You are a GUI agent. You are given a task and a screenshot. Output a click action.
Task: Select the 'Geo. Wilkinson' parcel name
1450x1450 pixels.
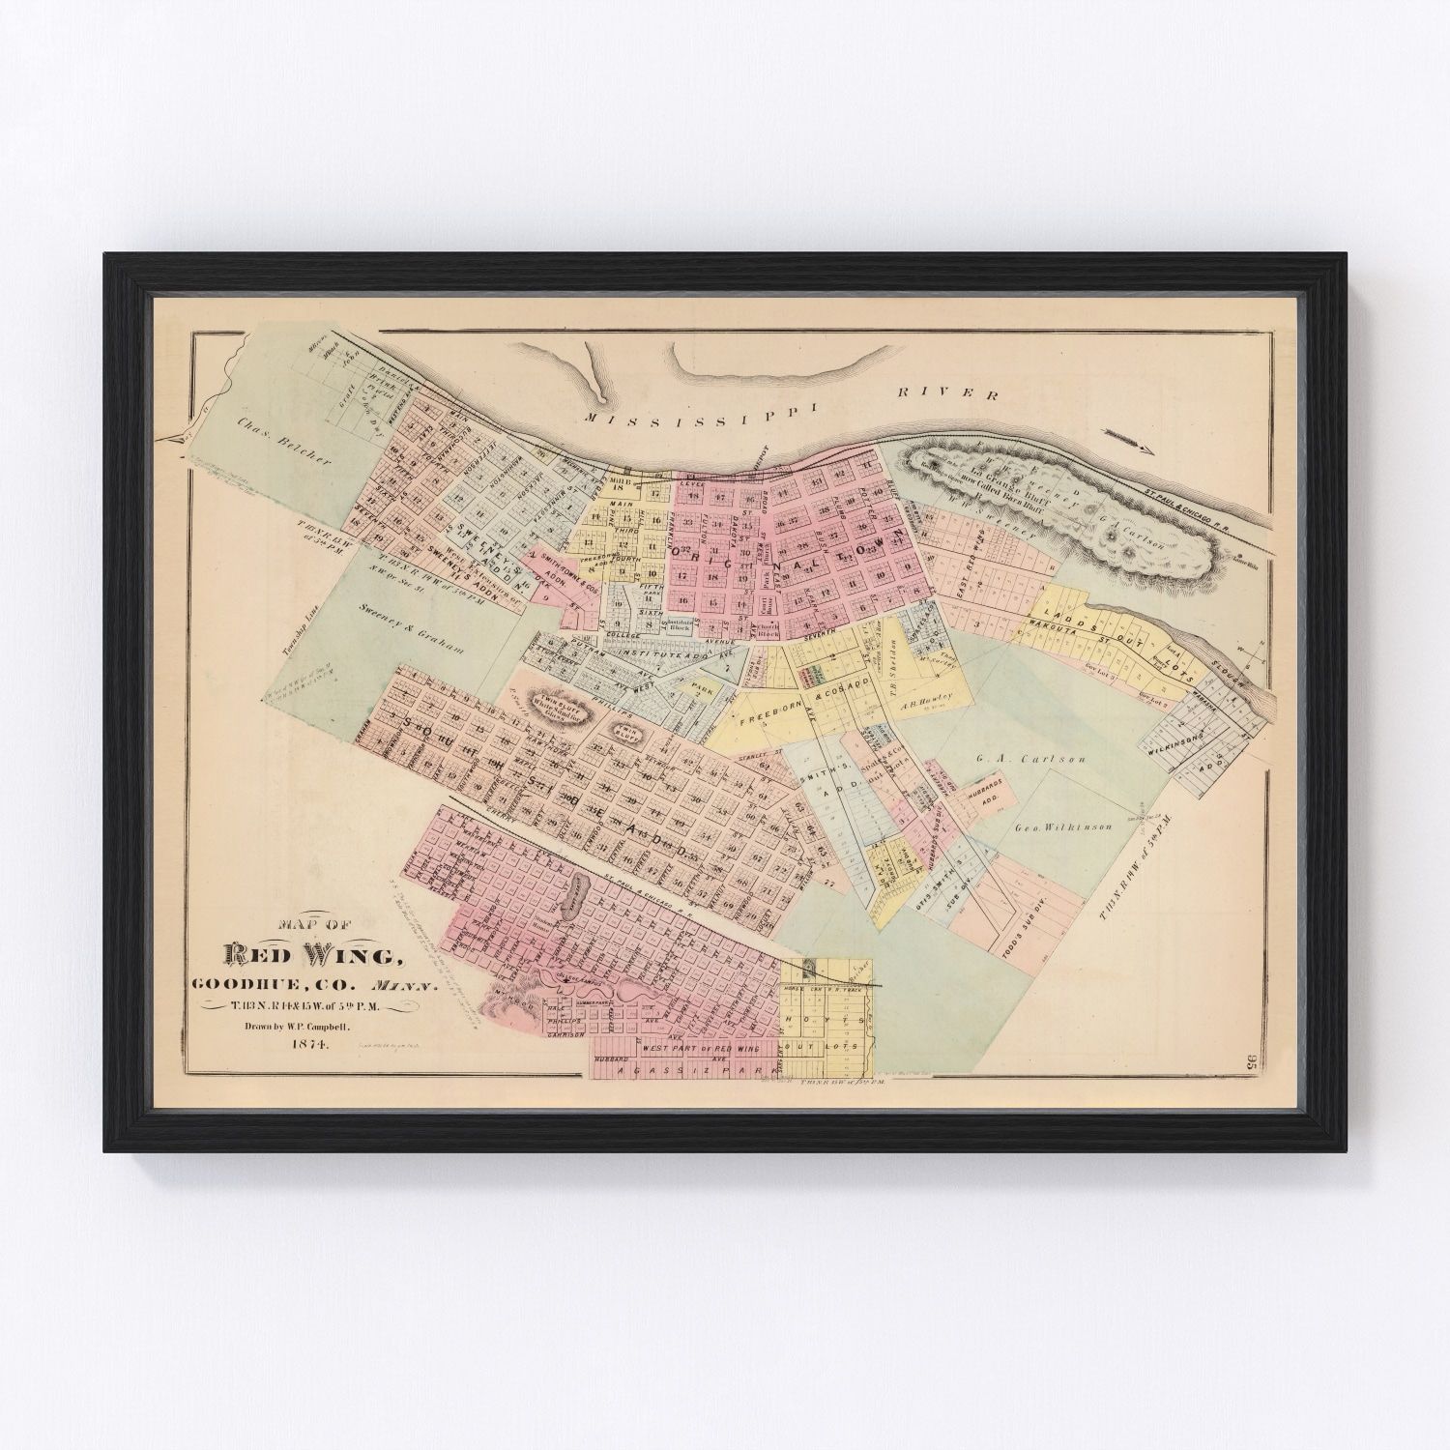tap(1063, 827)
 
